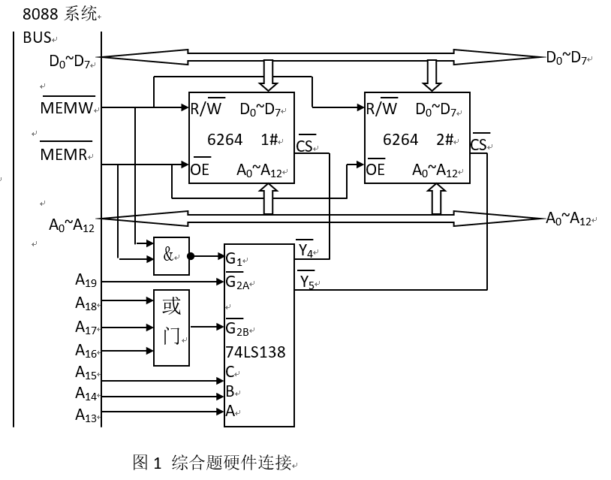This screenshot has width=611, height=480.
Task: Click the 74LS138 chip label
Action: (x=255, y=352)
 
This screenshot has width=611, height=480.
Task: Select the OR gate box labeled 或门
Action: (x=172, y=328)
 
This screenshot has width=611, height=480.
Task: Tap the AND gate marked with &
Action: (x=172, y=255)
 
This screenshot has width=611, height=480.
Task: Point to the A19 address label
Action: (x=85, y=281)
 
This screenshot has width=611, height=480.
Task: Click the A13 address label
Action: (x=85, y=414)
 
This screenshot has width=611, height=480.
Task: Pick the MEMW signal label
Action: (x=67, y=109)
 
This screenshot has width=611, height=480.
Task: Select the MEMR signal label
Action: (x=65, y=155)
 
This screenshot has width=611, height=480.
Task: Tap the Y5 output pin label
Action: (x=305, y=282)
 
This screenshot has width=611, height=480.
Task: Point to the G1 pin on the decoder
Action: (x=234, y=259)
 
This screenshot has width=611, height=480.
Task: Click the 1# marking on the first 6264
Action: (x=270, y=140)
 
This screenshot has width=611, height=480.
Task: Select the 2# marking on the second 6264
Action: (x=445, y=140)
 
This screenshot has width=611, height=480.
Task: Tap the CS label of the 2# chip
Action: (x=480, y=144)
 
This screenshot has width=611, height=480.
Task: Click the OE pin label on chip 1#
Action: (x=200, y=169)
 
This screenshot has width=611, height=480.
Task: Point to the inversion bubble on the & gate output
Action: (x=191, y=256)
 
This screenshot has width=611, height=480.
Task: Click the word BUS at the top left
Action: (x=37, y=38)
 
